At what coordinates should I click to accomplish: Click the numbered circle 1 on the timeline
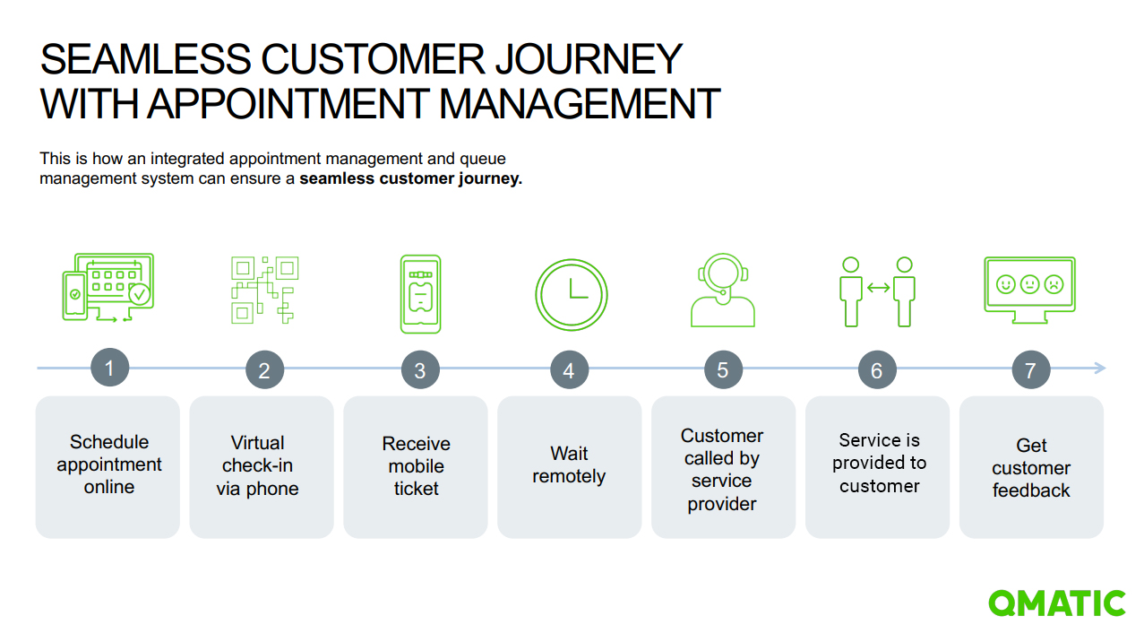point(109,368)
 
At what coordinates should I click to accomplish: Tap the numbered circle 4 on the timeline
point(569,369)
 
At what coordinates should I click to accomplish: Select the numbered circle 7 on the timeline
point(1030,369)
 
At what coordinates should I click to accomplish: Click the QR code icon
point(264,290)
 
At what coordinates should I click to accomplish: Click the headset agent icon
point(723,291)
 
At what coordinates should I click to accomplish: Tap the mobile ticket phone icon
point(420,294)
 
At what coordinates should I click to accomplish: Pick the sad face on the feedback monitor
point(1054,283)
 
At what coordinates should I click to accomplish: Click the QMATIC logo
point(1057,603)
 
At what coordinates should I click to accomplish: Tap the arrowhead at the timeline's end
point(1100,368)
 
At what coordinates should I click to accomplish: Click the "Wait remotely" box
point(569,466)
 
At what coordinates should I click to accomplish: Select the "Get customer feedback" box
point(1031,466)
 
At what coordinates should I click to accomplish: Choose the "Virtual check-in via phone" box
point(261,466)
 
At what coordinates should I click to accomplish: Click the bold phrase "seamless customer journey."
point(410,178)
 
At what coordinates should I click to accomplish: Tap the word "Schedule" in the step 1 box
point(109,442)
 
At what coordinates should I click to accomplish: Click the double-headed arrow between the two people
point(878,288)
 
